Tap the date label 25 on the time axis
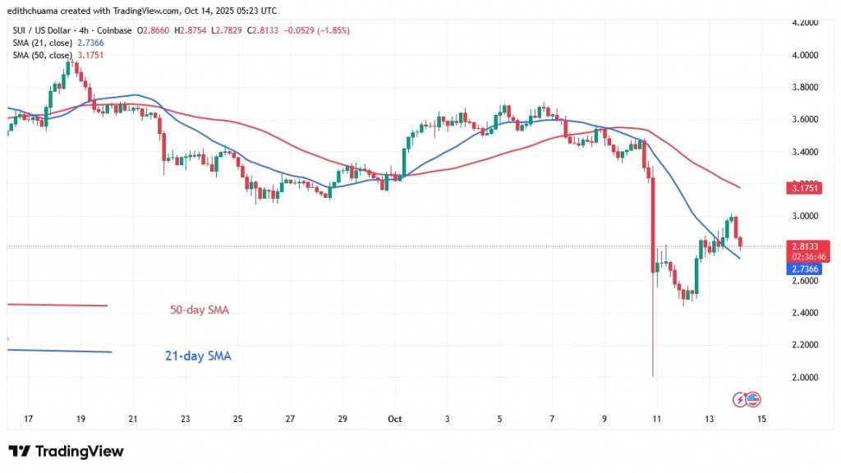pyautogui.click(x=238, y=419)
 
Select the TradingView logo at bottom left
pyautogui.click(x=66, y=452)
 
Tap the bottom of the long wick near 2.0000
pyautogui.click(x=653, y=375)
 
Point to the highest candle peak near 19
pyautogui.click(x=70, y=61)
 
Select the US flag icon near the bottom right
pyautogui.click(x=753, y=400)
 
